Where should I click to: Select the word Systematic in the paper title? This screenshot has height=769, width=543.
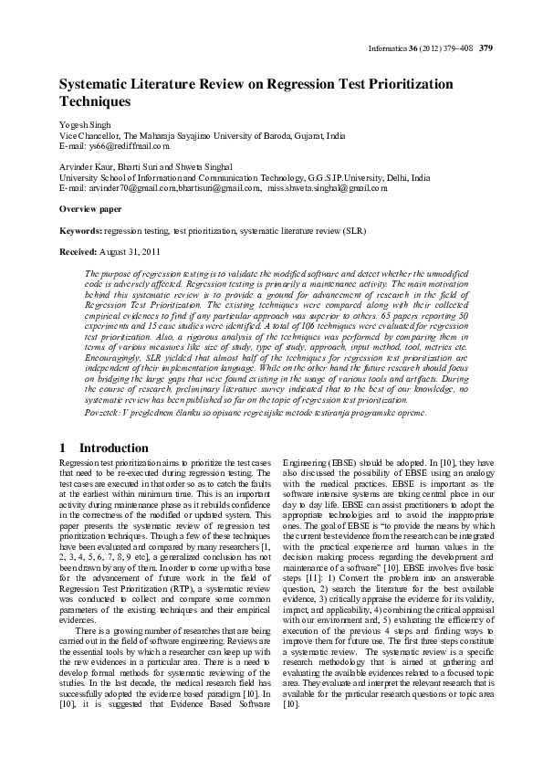point(93,84)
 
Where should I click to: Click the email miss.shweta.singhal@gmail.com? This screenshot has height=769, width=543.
point(327,187)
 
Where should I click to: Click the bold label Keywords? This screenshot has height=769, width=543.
point(80,230)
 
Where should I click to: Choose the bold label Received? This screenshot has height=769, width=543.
point(79,251)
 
